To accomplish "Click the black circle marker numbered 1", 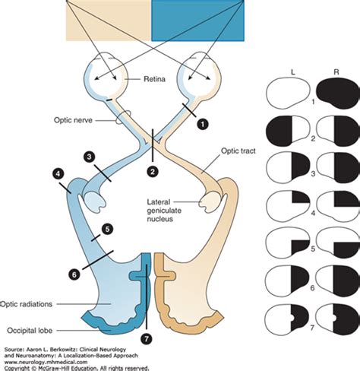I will pos(203,121).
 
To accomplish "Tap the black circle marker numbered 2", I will pos(153,173).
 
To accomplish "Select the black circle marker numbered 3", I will pos(90,157).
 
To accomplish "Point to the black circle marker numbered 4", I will pos(58,174).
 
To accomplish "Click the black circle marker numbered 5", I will pos(107,227).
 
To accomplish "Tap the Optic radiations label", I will pos(25,302).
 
